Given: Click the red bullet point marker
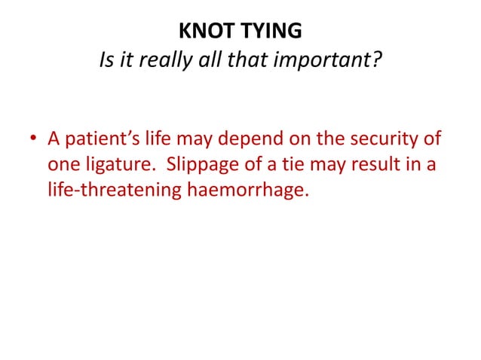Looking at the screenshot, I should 34,141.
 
